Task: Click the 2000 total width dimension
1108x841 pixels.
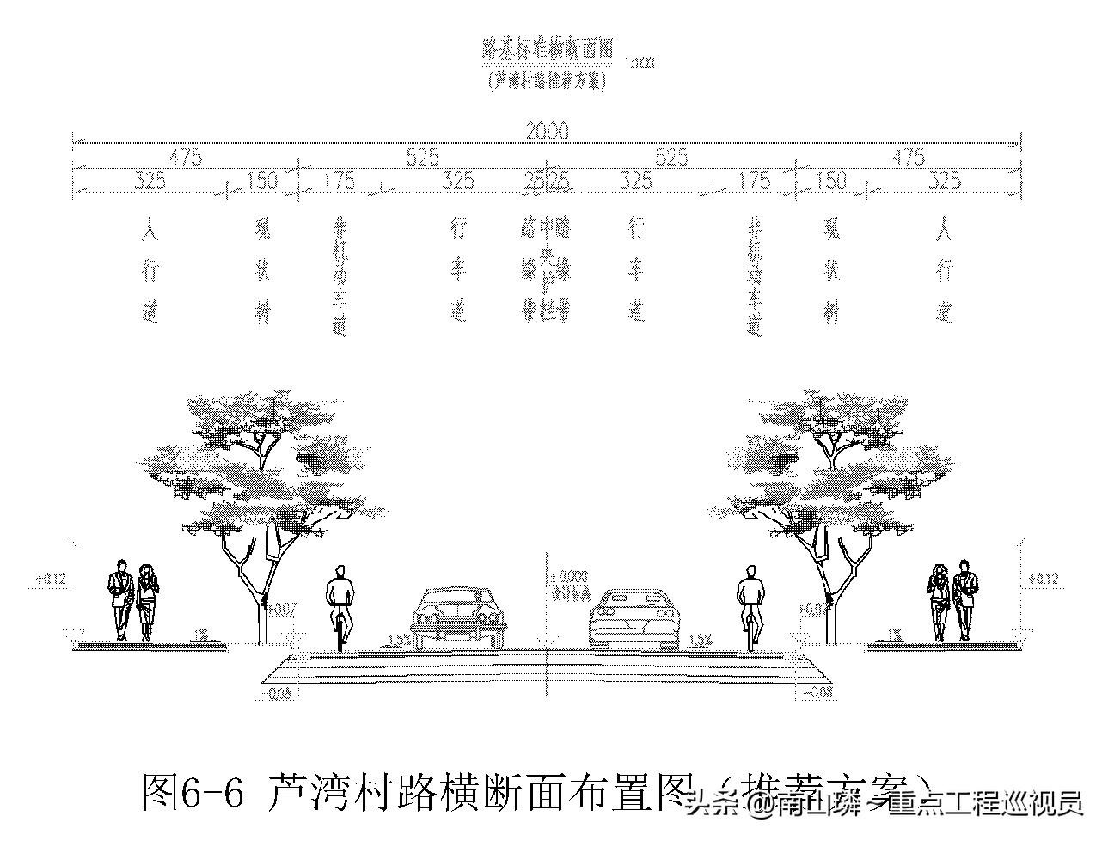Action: point(547,131)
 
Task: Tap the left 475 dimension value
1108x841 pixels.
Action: point(185,157)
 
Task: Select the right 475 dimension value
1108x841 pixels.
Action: point(909,157)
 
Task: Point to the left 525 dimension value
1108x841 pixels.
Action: point(422,157)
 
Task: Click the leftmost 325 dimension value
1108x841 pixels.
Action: point(150,181)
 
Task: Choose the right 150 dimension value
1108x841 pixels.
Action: point(831,181)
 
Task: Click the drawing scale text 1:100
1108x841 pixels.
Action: point(640,63)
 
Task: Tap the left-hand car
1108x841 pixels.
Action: point(456,616)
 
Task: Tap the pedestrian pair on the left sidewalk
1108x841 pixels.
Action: point(133,599)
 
